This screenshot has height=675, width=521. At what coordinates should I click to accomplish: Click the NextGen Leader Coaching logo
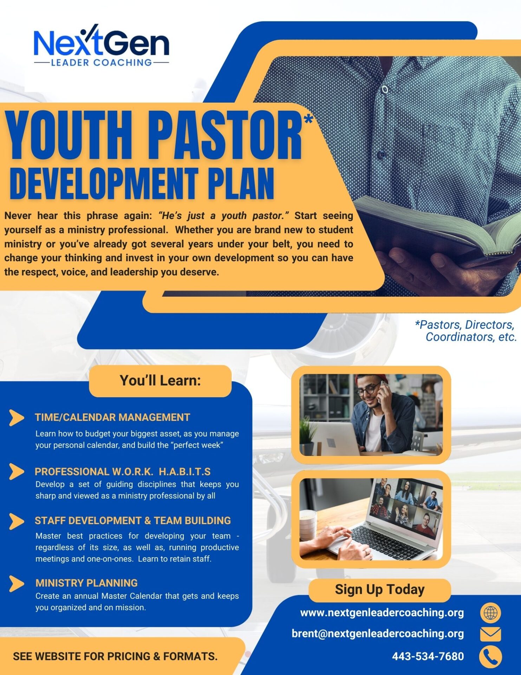(101, 45)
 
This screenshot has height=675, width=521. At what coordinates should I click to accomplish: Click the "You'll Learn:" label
(160, 381)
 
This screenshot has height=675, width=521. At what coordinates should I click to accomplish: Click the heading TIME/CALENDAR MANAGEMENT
(112, 417)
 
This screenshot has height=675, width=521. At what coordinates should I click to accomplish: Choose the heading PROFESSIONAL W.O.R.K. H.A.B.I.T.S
(123, 471)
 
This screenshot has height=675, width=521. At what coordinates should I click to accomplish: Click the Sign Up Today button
(380, 590)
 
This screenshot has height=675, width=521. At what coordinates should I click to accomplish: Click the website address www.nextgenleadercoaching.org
(382, 613)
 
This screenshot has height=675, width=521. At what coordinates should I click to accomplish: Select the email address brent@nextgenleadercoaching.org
(378, 634)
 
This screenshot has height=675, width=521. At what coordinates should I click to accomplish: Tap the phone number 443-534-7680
(428, 656)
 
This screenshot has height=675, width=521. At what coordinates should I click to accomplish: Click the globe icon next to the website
(490, 613)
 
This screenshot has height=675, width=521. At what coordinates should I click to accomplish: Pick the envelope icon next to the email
(490, 634)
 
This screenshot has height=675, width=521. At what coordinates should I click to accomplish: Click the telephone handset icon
(490, 656)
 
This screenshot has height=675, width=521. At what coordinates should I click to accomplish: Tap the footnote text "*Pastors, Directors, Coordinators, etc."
(466, 331)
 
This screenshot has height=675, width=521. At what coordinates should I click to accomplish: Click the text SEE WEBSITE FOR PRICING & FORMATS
(115, 656)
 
